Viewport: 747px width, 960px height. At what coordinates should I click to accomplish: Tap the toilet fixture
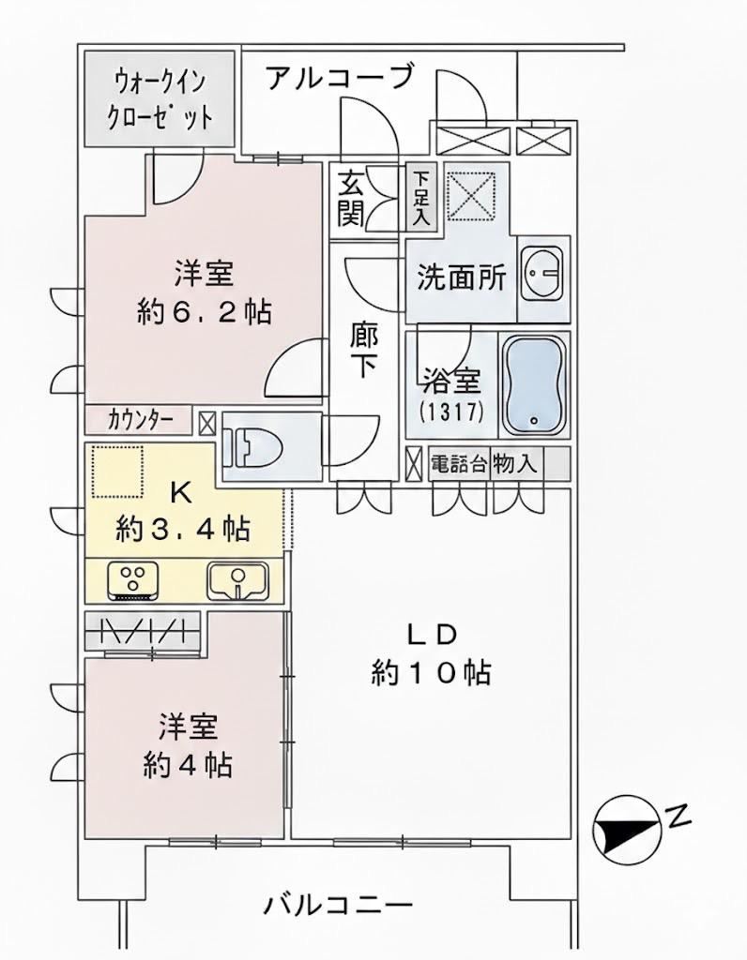pyautogui.click(x=252, y=446)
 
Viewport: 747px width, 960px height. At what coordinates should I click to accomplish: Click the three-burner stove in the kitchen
pyautogui.click(x=133, y=581)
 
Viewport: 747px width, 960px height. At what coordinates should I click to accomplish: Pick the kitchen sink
pyautogui.click(x=237, y=581)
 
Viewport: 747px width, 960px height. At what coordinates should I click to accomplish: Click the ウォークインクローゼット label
pyautogui.click(x=160, y=98)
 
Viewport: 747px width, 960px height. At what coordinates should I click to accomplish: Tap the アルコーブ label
pyautogui.click(x=341, y=78)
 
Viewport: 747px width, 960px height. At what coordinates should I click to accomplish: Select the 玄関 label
pyautogui.click(x=351, y=200)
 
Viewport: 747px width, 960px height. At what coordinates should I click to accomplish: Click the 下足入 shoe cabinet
pyautogui.click(x=421, y=197)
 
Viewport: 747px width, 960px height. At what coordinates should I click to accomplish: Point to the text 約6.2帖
pyautogui.click(x=204, y=312)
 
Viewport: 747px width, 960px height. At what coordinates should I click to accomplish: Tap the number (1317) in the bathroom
pyautogui.click(x=452, y=412)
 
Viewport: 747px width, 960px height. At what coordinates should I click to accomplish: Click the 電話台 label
pyautogui.click(x=459, y=463)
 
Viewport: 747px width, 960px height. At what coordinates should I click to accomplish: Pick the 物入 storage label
pyautogui.click(x=515, y=463)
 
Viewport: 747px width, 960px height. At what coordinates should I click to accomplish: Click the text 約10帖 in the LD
pyautogui.click(x=431, y=673)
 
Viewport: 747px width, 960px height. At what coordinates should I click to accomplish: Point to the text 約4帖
pyautogui.click(x=188, y=765)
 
